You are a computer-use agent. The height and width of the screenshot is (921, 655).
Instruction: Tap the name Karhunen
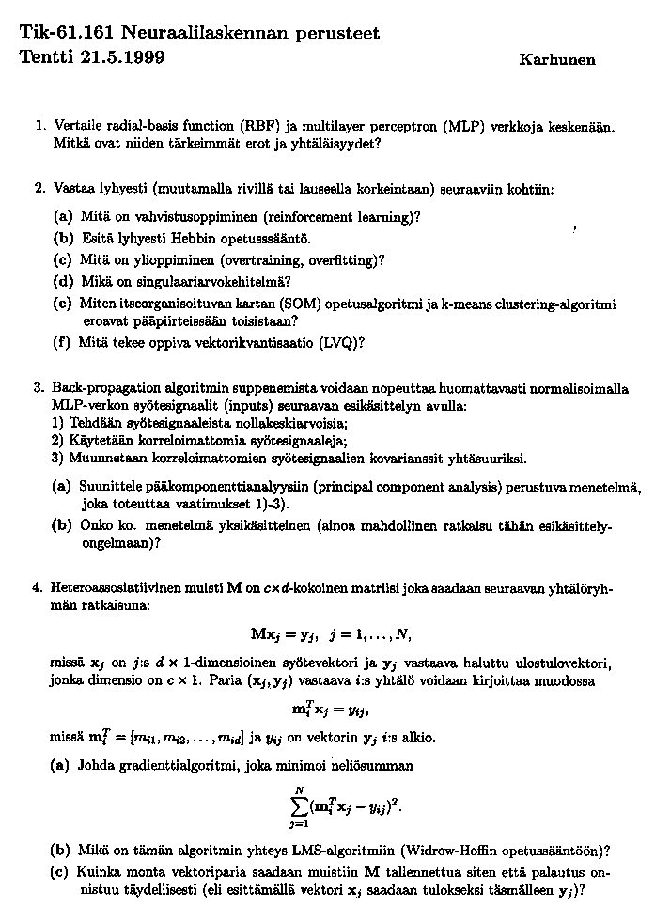tap(556, 59)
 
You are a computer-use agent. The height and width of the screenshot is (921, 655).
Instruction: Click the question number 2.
tap(39, 187)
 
